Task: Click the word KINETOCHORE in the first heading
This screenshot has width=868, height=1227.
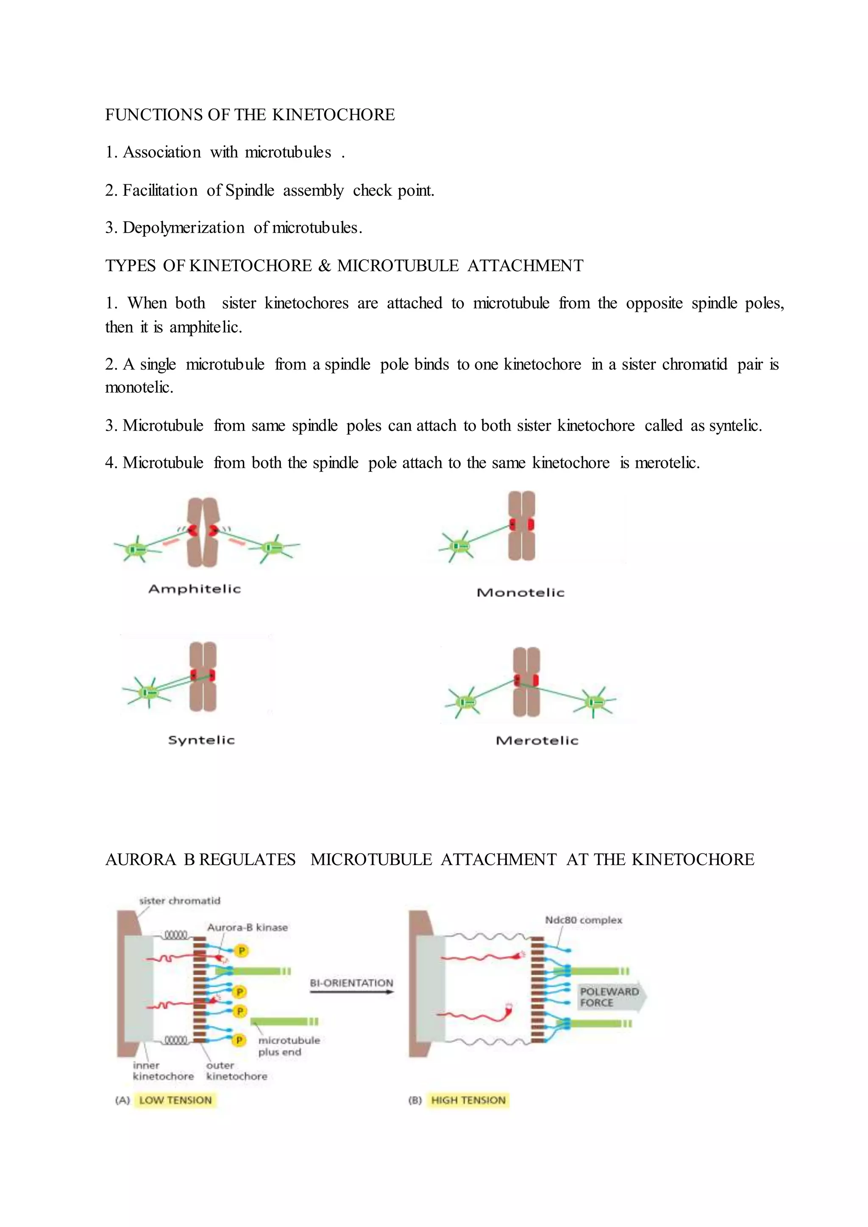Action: pos(334,115)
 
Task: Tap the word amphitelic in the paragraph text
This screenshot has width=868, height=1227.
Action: pos(205,327)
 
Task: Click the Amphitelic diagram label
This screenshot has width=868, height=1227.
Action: pos(195,589)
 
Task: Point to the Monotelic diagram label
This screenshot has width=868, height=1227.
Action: pos(520,592)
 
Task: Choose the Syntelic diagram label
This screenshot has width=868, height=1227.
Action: pos(201,740)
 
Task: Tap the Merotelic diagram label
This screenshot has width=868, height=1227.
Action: pos(537,740)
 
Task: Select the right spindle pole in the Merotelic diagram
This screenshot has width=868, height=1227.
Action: pos(594,702)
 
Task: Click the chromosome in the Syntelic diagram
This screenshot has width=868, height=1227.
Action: pos(203,677)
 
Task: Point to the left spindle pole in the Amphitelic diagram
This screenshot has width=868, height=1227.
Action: pos(137,549)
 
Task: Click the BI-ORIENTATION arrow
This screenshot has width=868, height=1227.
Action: pos(351,992)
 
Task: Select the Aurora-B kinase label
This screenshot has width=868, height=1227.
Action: pos(247,927)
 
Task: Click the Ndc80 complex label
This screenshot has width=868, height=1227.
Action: pos(583,920)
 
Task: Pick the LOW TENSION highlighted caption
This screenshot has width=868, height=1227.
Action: pos(175,1100)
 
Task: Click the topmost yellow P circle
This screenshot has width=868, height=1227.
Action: pos(242,951)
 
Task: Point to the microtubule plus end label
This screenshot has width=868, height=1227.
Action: pos(289,1046)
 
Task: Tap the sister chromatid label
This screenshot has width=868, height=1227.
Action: pos(180,900)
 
